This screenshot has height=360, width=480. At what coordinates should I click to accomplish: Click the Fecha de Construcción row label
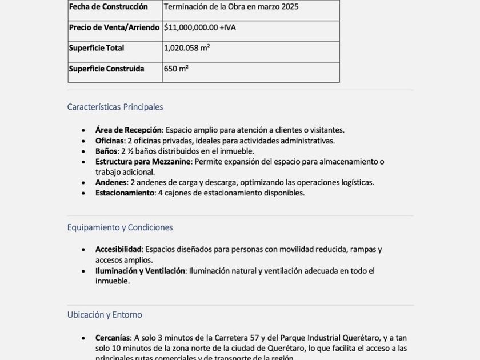point(108,7)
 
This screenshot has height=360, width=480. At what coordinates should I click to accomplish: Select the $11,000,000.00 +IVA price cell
point(199,27)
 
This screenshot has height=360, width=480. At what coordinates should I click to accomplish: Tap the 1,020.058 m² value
point(187,48)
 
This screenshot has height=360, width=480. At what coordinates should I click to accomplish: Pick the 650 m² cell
point(176,69)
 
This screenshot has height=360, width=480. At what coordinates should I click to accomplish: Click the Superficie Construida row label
point(106,69)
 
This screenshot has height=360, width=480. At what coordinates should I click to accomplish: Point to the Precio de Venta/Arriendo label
point(114,27)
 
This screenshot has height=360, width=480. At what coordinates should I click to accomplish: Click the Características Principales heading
point(115,107)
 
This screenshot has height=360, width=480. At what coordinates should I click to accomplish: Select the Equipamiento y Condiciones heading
point(120,227)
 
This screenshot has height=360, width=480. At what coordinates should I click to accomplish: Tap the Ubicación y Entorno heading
point(105,315)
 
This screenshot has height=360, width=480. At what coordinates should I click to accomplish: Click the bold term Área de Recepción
point(129,130)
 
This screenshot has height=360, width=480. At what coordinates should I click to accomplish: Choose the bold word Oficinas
point(110,141)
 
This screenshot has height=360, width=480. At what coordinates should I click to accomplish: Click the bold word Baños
point(106,151)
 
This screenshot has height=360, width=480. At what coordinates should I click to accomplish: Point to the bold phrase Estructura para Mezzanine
point(143,162)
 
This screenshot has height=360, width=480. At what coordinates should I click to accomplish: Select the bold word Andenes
point(111,182)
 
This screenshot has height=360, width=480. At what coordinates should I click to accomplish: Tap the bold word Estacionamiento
point(125,193)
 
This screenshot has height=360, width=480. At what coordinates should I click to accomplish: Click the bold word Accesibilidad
point(118,250)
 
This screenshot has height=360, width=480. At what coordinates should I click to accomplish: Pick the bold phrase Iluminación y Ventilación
point(140,271)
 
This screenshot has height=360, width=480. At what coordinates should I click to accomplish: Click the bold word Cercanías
point(113,338)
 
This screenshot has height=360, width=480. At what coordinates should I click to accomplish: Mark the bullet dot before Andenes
point(83,183)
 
